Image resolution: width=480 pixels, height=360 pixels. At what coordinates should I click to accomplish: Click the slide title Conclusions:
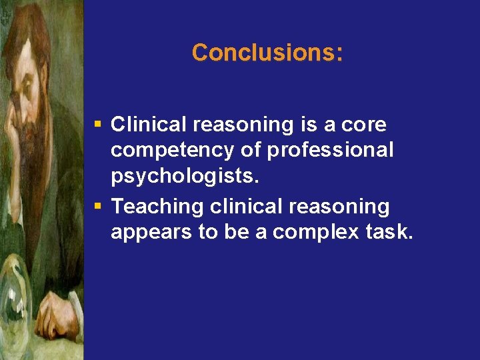[x=267, y=53]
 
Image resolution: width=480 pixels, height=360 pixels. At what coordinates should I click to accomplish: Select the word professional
[x=330, y=151]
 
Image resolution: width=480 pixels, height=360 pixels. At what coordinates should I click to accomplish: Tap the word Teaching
[x=157, y=207]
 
